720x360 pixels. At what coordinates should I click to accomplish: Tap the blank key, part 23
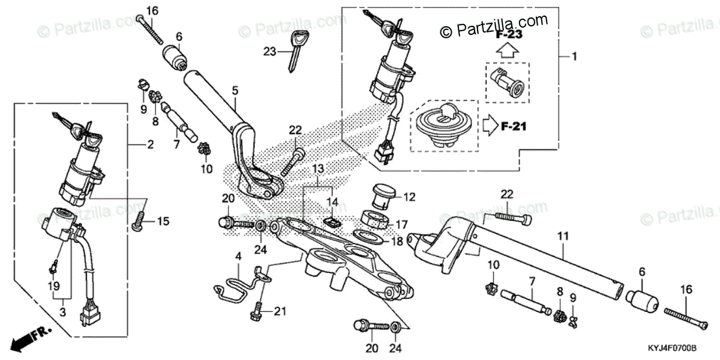(293, 51)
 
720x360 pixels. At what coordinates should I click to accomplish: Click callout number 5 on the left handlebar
(235, 91)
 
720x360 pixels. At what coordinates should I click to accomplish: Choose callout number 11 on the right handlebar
(562, 236)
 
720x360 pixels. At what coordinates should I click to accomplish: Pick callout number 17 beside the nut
(400, 224)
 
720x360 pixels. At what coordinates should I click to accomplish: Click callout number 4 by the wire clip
(238, 257)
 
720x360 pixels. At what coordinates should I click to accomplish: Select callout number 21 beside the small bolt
(281, 311)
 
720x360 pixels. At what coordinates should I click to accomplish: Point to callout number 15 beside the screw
(163, 222)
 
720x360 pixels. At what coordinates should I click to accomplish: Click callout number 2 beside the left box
(150, 145)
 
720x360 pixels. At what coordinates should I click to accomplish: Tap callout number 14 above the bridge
(332, 201)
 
